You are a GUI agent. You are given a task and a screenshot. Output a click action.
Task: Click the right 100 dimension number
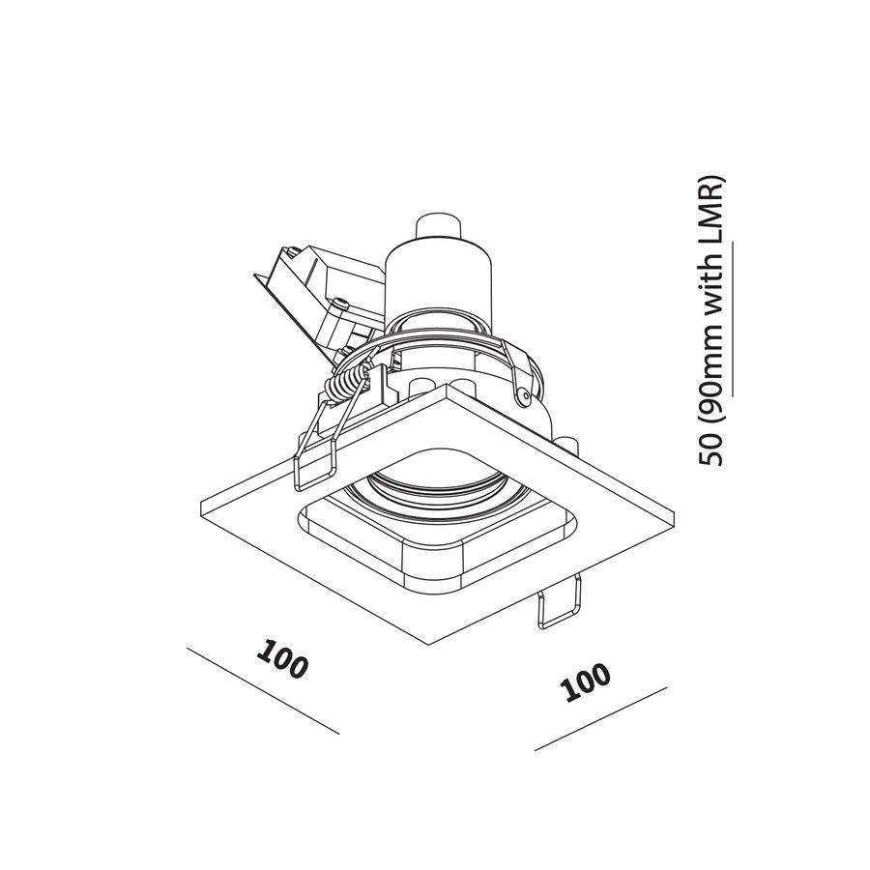tap(587, 685)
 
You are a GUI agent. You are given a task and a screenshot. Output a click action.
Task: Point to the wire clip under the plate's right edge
tap(558, 603)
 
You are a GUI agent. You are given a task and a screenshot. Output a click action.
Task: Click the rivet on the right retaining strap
tap(523, 395)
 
